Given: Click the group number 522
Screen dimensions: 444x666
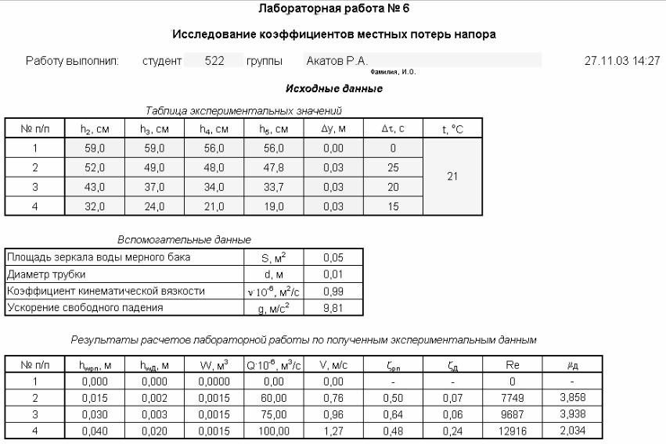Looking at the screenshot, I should tap(214, 60).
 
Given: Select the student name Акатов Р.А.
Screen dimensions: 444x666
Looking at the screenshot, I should tap(337, 60).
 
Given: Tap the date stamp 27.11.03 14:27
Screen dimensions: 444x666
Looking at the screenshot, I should tap(621, 60).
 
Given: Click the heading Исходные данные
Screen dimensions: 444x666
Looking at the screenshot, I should tap(334, 89).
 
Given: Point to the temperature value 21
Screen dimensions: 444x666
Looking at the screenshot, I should tap(452, 177).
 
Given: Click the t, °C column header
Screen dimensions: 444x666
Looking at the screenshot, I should tap(452, 128).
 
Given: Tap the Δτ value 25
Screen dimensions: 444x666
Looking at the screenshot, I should tap(393, 167).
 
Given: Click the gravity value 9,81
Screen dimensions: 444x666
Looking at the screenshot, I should tap(333, 308).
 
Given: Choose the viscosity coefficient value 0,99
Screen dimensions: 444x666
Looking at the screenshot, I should tap(333, 291).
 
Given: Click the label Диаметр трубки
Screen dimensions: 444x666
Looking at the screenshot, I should tap(46, 274).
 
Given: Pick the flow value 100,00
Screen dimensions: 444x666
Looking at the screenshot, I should tap(274, 430).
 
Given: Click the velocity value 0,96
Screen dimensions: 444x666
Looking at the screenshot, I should tap(333, 414).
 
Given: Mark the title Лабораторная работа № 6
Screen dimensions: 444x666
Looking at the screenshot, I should tap(334, 9).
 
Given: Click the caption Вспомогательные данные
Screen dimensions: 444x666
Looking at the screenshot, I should tap(184, 239).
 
